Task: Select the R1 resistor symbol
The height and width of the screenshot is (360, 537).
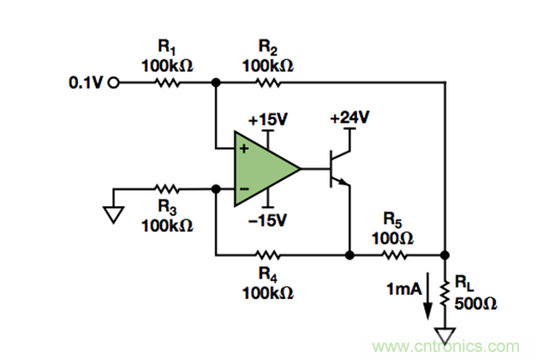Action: tap(166, 83)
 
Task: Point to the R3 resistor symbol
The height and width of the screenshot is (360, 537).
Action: tap(166, 189)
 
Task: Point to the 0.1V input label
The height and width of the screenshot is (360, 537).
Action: tap(86, 83)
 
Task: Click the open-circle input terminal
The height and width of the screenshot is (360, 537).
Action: tap(113, 83)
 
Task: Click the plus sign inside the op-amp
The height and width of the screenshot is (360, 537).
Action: tap(243, 146)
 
